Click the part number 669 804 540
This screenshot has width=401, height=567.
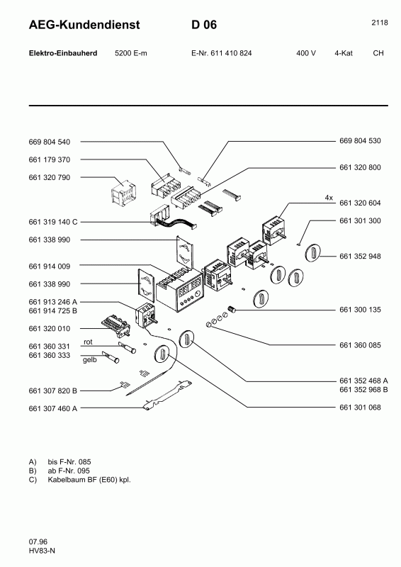point(50,142)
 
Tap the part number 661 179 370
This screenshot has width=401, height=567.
point(50,159)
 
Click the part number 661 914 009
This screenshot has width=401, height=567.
point(50,266)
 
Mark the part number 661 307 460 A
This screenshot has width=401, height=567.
point(53,408)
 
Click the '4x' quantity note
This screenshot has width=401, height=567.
point(329,196)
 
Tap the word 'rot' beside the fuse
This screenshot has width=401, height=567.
point(89,342)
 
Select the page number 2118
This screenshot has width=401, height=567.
point(379,23)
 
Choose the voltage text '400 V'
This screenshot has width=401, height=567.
point(306,54)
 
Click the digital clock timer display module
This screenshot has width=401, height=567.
point(186,292)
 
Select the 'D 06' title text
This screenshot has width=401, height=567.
point(203,26)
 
